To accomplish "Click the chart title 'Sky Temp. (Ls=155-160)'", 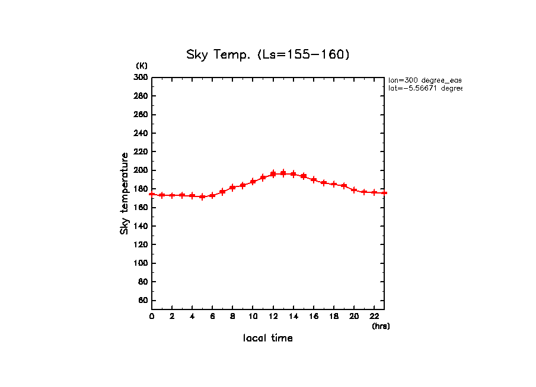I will pyautogui.click(x=268, y=55).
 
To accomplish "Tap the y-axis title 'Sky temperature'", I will pyautogui.click(x=125, y=193).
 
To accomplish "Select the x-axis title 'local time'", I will pyautogui.click(x=268, y=338).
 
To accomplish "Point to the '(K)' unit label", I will pyautogui.click(x=142, y=65).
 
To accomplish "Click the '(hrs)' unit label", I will pyautogui.click(x=381, y=325).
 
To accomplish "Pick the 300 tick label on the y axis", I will pyautogui.click(x=141, y=78).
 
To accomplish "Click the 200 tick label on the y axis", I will pyautogui.click(x=141, y=170).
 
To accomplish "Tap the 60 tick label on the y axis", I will pyautogui.click(x=142, y=301).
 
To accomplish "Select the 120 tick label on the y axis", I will pyautogui.click(x=141, y=245).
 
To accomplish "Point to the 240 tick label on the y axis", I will pyautogui.click(x=141, y=133).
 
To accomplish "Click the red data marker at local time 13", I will pyautogui.click(x=283, y=173).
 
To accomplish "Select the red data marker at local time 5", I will pyautogui.click(x=202, y=196).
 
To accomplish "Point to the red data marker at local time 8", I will pyautogui.click(x=232, y=188).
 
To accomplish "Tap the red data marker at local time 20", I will pyautogui.click(x=354, y=190).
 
